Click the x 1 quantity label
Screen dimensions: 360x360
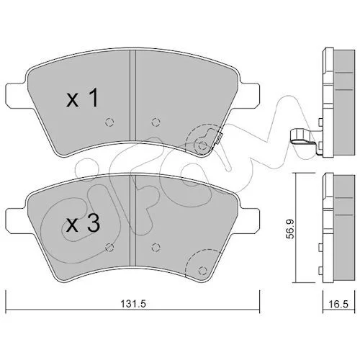[x=82, y=98]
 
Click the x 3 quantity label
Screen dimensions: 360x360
[x=83, y=223]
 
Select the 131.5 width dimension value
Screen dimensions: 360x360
[x=133, y=304]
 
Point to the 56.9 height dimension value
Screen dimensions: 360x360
[x=291, y=229]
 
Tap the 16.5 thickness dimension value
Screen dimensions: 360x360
[x=338, y=305]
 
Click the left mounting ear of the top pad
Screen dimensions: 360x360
[x=15, y=95]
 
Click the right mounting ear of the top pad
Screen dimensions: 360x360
[x=250, y=95]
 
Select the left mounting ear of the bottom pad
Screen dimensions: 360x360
[x=15, y=221]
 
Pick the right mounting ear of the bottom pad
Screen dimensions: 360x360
[x=250, y=221]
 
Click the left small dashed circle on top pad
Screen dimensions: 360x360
[x=109, y=122]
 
